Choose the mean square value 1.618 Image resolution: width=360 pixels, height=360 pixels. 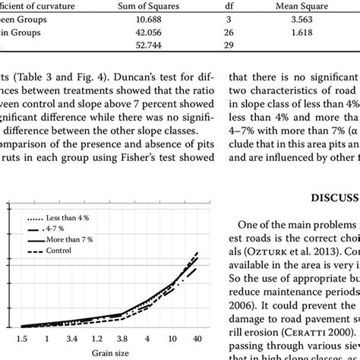(x=296, y=33)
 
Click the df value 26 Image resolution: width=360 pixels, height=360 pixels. (x=229, y=33)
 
